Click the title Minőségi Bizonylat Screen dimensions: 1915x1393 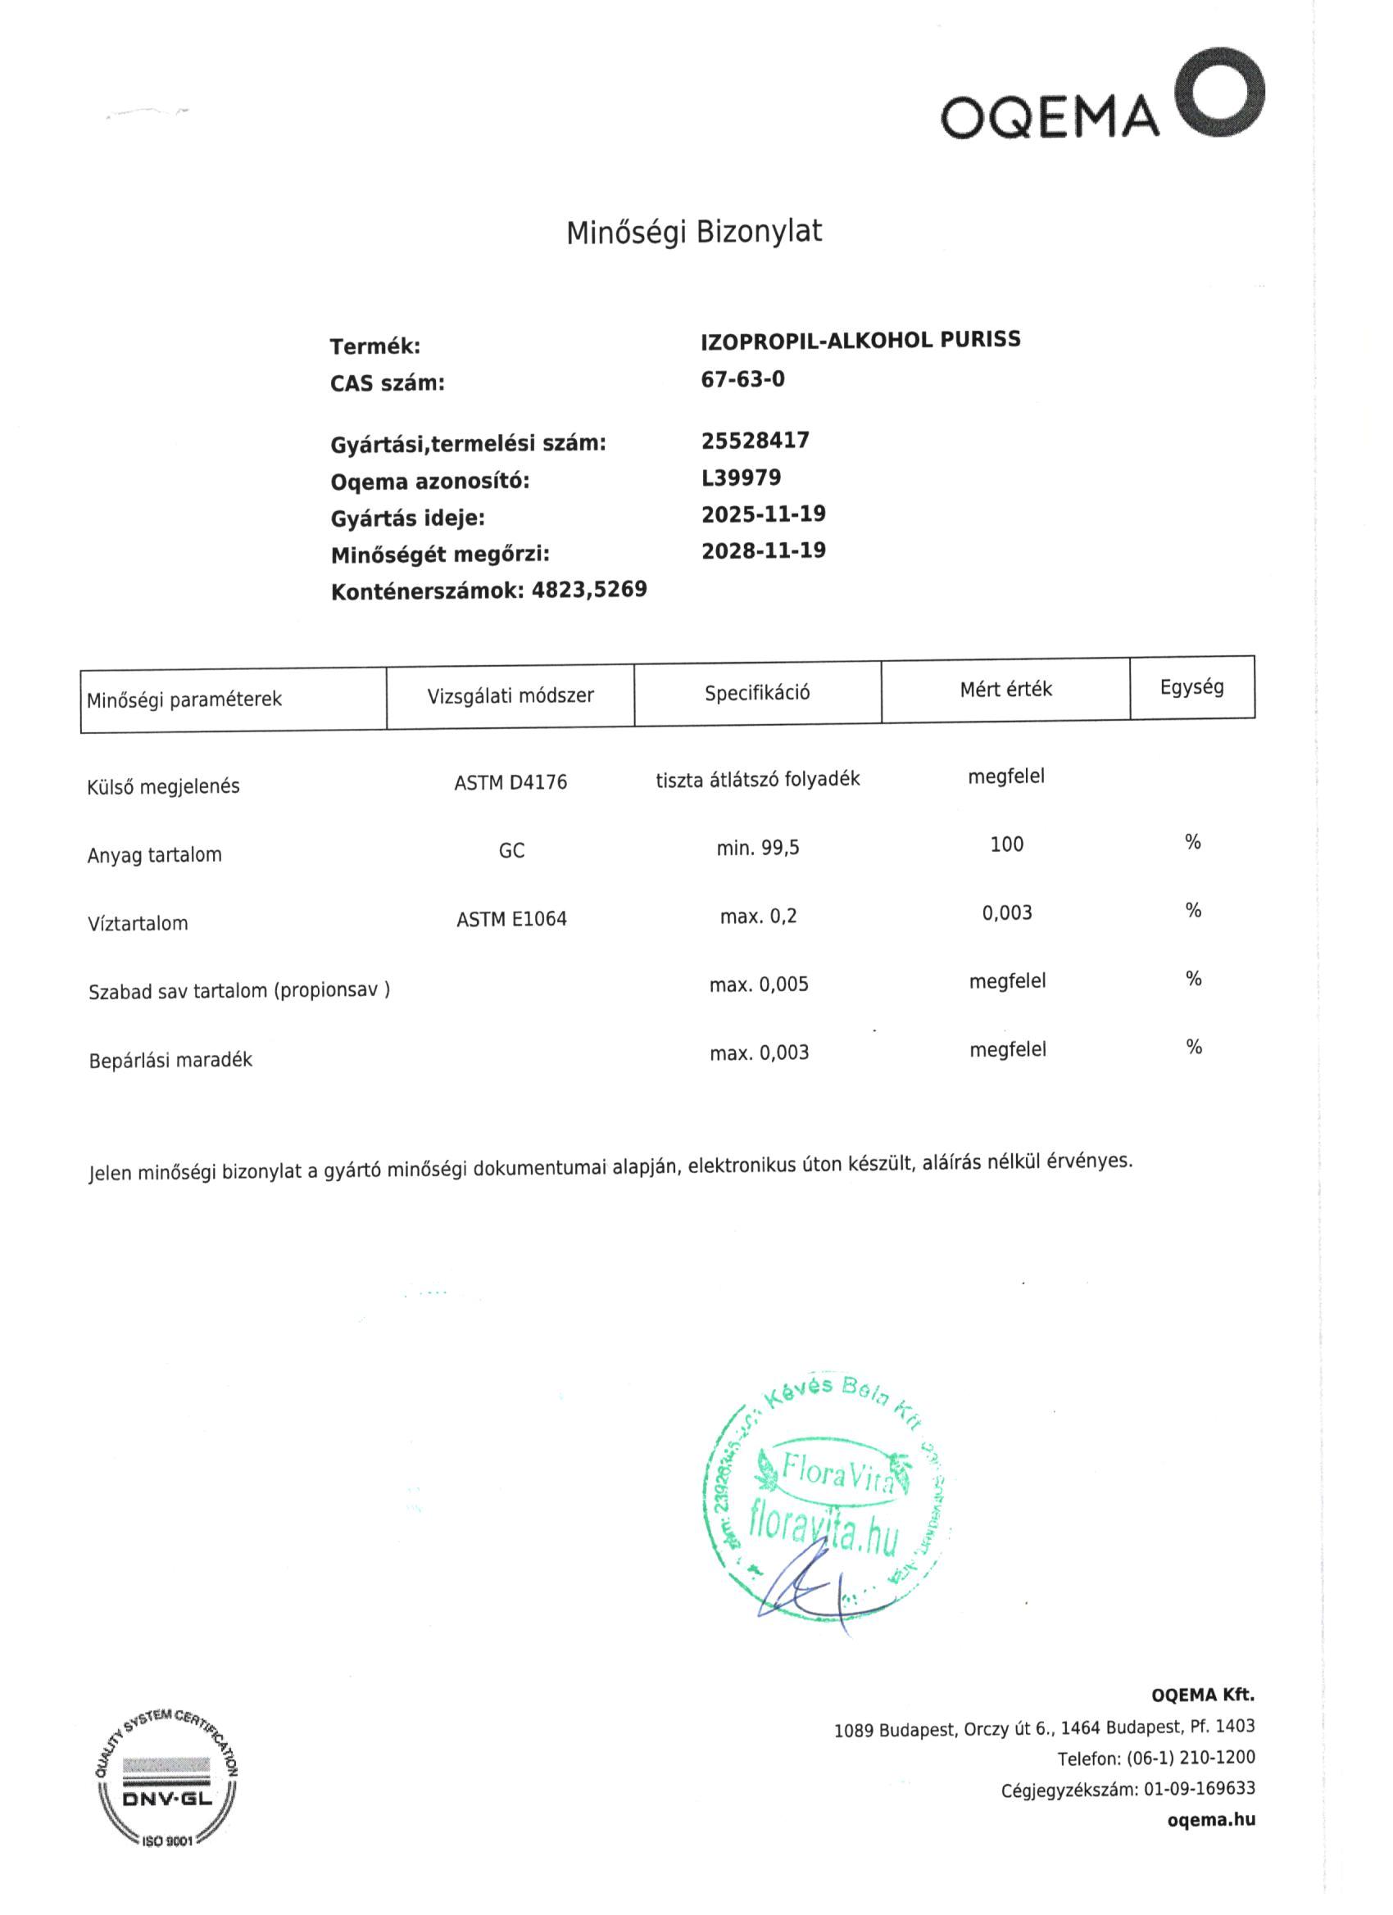click(693, 231)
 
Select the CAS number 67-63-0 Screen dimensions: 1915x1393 click(742, 379)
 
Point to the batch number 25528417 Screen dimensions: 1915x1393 click(755, 440)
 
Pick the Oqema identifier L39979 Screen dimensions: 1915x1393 click(741, 477)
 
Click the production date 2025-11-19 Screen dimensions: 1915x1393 click(764, 514)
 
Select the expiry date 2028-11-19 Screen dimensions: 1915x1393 click(764, 550)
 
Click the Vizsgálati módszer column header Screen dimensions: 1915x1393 click(510, 695)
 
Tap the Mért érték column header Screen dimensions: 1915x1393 click(1005, 690)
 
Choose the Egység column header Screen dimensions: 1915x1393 click(1191, 687)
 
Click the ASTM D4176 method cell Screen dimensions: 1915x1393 click(510, 783)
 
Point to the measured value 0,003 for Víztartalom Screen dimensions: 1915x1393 click(1006, 912)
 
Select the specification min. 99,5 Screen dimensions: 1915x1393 click(758, 848)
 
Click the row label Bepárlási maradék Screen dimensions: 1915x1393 click(170, 1060)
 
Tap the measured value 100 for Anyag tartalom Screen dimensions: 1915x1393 click(1006, 844)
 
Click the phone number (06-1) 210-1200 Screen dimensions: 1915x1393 click(1191, 1758)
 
